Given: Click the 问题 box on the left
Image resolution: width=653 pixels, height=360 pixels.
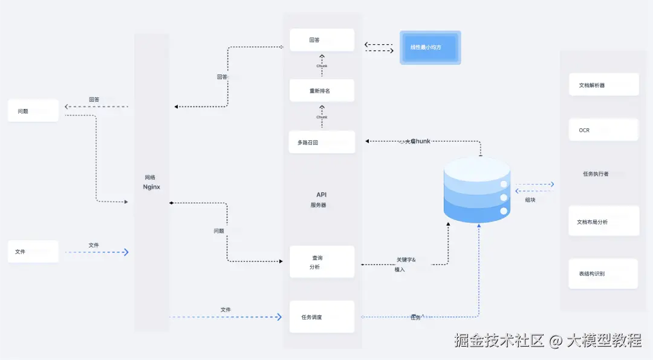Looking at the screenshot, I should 33,111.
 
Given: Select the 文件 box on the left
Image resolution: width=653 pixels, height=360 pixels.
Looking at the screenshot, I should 33,251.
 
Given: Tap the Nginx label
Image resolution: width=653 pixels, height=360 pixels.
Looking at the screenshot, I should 151,188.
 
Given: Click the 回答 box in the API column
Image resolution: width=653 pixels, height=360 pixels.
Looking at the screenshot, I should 322,40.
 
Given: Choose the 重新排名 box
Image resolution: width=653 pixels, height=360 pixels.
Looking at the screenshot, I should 322,91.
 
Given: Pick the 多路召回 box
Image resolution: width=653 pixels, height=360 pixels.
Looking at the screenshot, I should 322,142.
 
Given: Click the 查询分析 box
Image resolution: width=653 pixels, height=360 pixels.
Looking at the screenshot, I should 322,261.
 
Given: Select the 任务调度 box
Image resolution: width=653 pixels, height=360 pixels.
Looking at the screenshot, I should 322,316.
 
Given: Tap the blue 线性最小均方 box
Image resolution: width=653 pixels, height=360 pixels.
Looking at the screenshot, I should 430,47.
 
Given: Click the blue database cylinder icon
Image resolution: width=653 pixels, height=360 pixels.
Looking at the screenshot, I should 477,189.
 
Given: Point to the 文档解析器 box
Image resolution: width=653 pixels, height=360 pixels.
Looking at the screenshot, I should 604,85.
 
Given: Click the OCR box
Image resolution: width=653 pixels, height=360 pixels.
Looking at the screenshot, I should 604,130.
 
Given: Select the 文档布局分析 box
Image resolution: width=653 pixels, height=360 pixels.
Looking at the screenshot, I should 604,221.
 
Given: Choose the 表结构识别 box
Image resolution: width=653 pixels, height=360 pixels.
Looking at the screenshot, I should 604,273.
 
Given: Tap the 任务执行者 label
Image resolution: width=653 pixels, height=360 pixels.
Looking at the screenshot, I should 596,174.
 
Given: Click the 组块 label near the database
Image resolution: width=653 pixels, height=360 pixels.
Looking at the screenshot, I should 530,200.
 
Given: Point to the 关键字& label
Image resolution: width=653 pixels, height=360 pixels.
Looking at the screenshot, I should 406,260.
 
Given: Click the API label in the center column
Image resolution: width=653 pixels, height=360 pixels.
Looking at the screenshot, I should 322,195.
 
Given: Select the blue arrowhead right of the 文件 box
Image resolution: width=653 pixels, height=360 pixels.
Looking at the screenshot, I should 126,252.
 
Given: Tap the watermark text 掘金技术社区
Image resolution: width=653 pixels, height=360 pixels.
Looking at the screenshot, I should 500,341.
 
